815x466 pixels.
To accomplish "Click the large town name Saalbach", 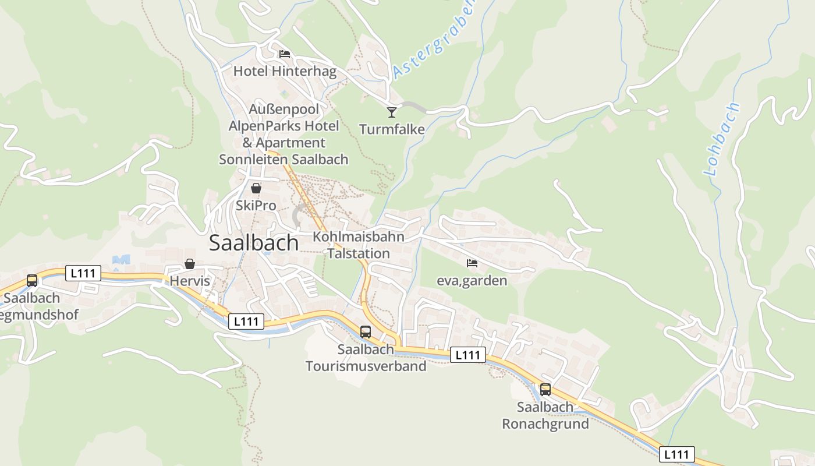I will (x=254, y=242).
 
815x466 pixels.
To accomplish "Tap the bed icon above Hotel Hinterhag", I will (x=285, y=54).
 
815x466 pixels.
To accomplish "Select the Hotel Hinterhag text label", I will (x=285, y=72).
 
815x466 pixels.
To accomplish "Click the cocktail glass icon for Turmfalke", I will (x=392, y=112).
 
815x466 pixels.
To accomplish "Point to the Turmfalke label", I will (x=392, y=129).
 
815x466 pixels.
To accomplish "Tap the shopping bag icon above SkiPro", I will (x=256, y=188).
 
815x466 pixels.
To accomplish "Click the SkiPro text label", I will (x=256, y=206).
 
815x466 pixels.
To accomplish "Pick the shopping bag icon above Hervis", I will (x=189, y=264).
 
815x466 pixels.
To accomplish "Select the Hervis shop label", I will (x=189, y=281).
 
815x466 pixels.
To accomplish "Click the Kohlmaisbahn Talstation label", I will (x=359, y=245).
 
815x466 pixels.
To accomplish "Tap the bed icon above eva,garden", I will (x=472, y=263).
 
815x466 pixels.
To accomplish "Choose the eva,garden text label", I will (x=472, y=281).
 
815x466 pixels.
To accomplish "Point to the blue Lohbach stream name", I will (x=722, y=140).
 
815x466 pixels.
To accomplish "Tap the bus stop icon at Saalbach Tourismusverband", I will (x=366, y=332).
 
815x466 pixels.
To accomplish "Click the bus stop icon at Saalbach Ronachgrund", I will (x=545, y=390).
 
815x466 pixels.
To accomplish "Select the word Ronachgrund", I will (x=545, y=423).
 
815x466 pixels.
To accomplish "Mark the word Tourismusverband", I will (x=366, y=366).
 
